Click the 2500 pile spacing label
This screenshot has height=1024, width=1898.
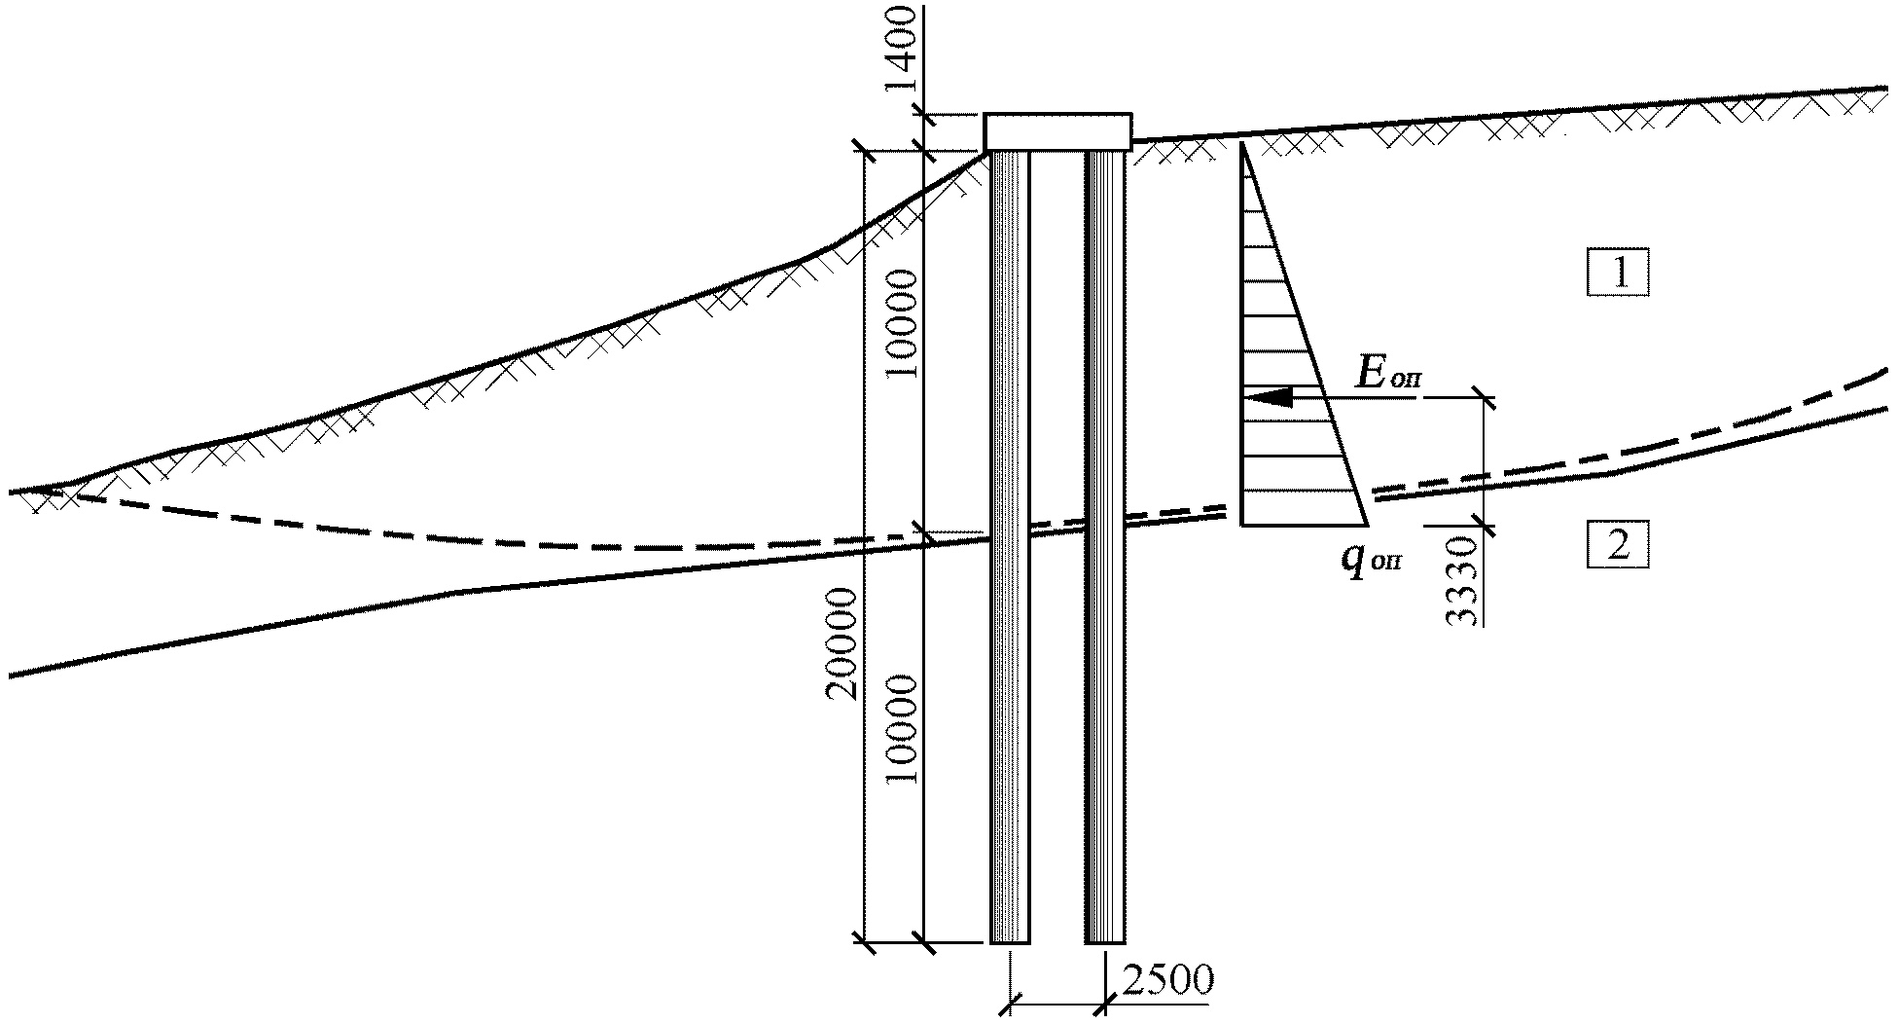point(1167,980)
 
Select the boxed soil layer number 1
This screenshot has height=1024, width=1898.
point(1619,274)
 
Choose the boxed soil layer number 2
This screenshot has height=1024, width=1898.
point(1619,546)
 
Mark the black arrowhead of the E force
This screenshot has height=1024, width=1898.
point(1269,397)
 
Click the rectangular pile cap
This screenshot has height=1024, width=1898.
point(1057,131)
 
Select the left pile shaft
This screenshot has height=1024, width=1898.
point(1010,547)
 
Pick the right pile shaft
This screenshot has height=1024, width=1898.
point(1105,547)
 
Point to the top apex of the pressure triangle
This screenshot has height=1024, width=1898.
point(1243,143)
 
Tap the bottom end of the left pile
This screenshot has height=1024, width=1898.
point(1010,943)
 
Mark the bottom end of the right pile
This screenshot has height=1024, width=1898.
point(1105,943)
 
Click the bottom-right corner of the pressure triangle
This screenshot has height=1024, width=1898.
point(1367,525)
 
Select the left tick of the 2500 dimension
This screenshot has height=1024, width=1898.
point(1012,1001)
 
